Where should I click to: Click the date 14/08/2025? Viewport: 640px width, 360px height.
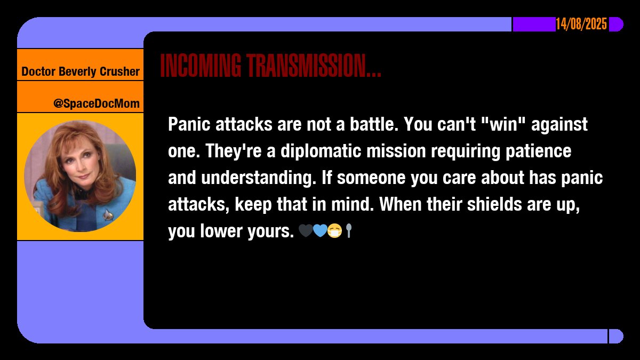coord(581,25)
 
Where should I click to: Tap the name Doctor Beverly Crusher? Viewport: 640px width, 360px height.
coord(81,71)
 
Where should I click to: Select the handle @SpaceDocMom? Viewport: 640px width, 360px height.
coord(96,103)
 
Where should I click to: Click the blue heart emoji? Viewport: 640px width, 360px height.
coord(319,231)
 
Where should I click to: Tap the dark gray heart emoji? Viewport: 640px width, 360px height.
coord(306,231)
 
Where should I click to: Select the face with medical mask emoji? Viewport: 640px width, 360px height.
coord(334,231)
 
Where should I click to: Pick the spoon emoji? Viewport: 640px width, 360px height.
coord(348,231)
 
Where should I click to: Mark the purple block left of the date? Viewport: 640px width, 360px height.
coord(534,25)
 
